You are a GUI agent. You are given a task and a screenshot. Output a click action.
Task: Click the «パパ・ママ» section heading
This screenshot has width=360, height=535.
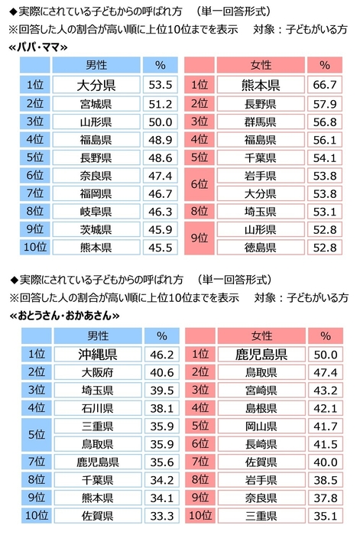tap(37, 47)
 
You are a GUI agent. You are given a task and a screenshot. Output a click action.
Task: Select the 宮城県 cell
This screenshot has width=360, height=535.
tap(96, 103)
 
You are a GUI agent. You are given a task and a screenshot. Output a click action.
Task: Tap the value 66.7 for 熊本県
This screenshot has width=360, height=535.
tap(325, 85)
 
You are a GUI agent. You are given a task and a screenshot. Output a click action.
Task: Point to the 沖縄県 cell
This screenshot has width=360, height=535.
tap(96, 354)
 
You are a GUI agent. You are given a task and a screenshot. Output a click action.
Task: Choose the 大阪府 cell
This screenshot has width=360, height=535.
tap(96, 373)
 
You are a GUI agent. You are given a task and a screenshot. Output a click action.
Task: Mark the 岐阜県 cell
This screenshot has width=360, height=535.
tap(96, 211)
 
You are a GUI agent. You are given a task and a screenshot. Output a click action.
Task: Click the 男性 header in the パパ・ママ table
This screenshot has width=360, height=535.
tap(96, 66)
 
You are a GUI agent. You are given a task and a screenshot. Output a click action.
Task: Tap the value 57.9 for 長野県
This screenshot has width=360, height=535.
tap(325, 103)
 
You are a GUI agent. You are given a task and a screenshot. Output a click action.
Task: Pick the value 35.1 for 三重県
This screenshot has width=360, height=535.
tap(325, 516)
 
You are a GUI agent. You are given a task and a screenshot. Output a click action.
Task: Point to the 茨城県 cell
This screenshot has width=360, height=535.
tap(96, 229)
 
